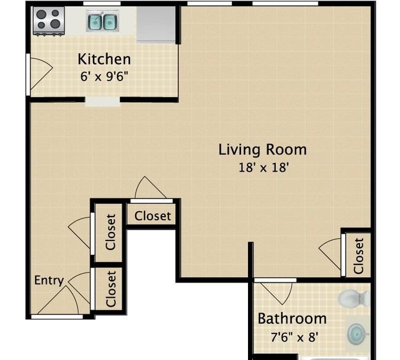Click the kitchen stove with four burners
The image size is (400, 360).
pyautogui.click(x=49, y=21)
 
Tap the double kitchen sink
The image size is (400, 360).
pyautogui.click(x=103, y=21)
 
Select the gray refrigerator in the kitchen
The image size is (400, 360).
pyautogui.click(x=156, y=24)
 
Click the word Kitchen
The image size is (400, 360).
pyautogui.click(x=104, y=59)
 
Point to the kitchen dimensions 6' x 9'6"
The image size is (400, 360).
pyautogui.click(x=104, y=76)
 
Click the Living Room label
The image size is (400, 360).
pyautogui.click(x=263, y=150)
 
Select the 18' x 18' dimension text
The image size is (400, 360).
pyautogui.click(x=264, y=167)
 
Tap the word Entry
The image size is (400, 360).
pyautogui.click(x=49, y=281)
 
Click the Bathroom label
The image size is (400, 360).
pyautogui.click(x=292, y=319)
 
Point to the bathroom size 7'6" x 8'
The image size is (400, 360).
pyautogui.click(x=295, y=337)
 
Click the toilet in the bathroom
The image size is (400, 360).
pyautogui.click(x=354, y=298)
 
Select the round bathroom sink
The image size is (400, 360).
pyautogui.click(x=358, y=333)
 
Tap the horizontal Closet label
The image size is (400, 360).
pyautogui.click(x=153, y=216)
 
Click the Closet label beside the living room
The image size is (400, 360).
pyautogui.click(x=358, y=256)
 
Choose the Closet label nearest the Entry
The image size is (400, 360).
pyautogui.click(x=111, y=289)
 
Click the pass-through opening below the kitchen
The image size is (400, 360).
pyautogui.click(x=102, y=102)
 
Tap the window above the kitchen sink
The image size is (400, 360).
pyautogui.click(x=102, y=3)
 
